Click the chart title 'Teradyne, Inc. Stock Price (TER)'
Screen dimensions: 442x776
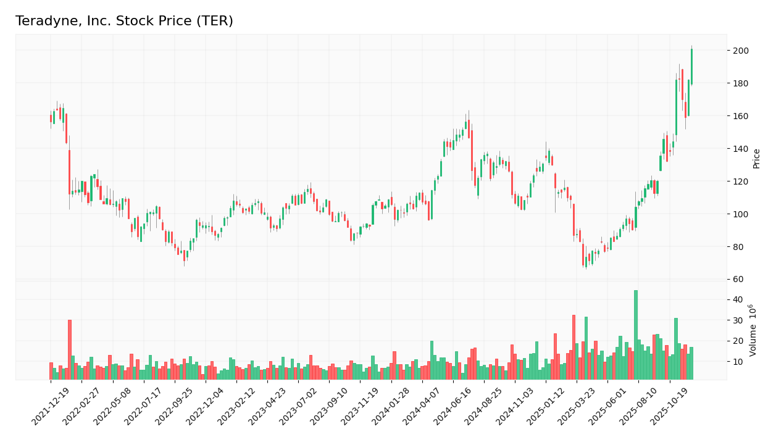coord(124,22)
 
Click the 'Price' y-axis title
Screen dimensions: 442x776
coord(756,158)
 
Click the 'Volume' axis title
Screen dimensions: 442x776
coord(753,330)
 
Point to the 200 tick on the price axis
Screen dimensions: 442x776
coord(741,51)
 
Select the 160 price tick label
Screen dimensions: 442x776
coord(741,116)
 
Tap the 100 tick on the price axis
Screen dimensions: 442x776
coord(741,214)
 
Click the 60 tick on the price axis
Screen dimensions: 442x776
coord(739,280)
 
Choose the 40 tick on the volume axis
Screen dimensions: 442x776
coord(738,300)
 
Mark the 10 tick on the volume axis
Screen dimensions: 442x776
coord(738,362)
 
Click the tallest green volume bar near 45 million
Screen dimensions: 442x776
coord(636,335)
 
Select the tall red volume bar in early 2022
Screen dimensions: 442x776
coord(70,349)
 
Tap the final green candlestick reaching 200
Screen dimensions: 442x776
coord(691,67)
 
